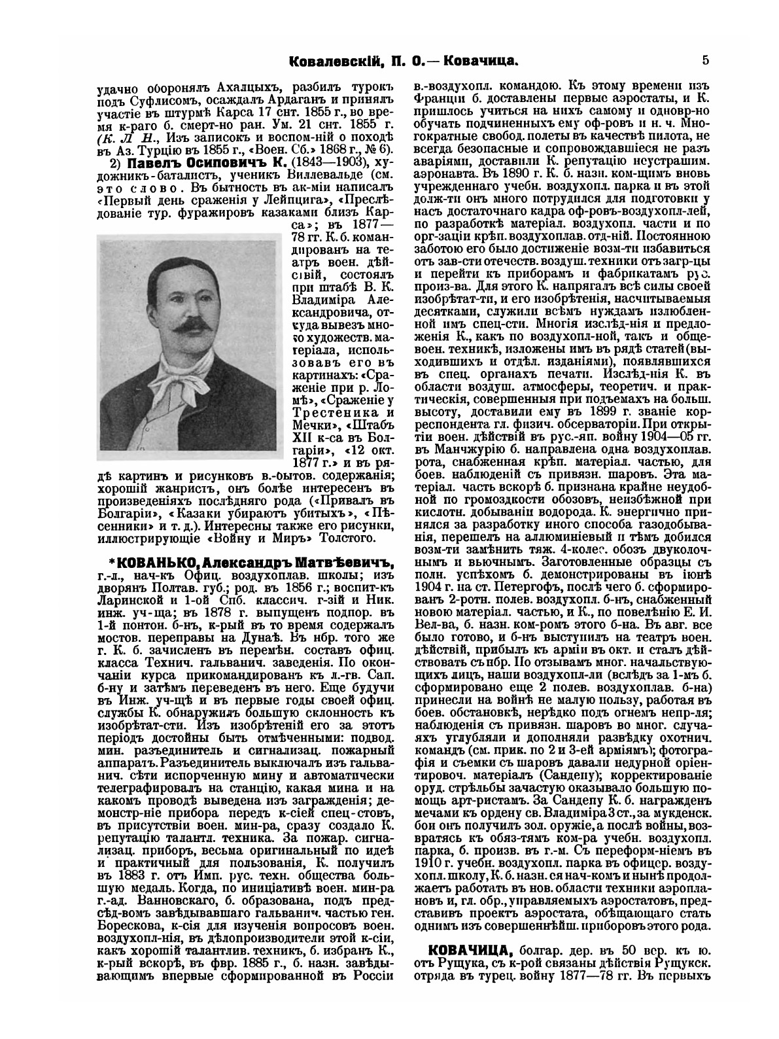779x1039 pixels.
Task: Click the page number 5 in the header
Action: pos(704,61)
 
